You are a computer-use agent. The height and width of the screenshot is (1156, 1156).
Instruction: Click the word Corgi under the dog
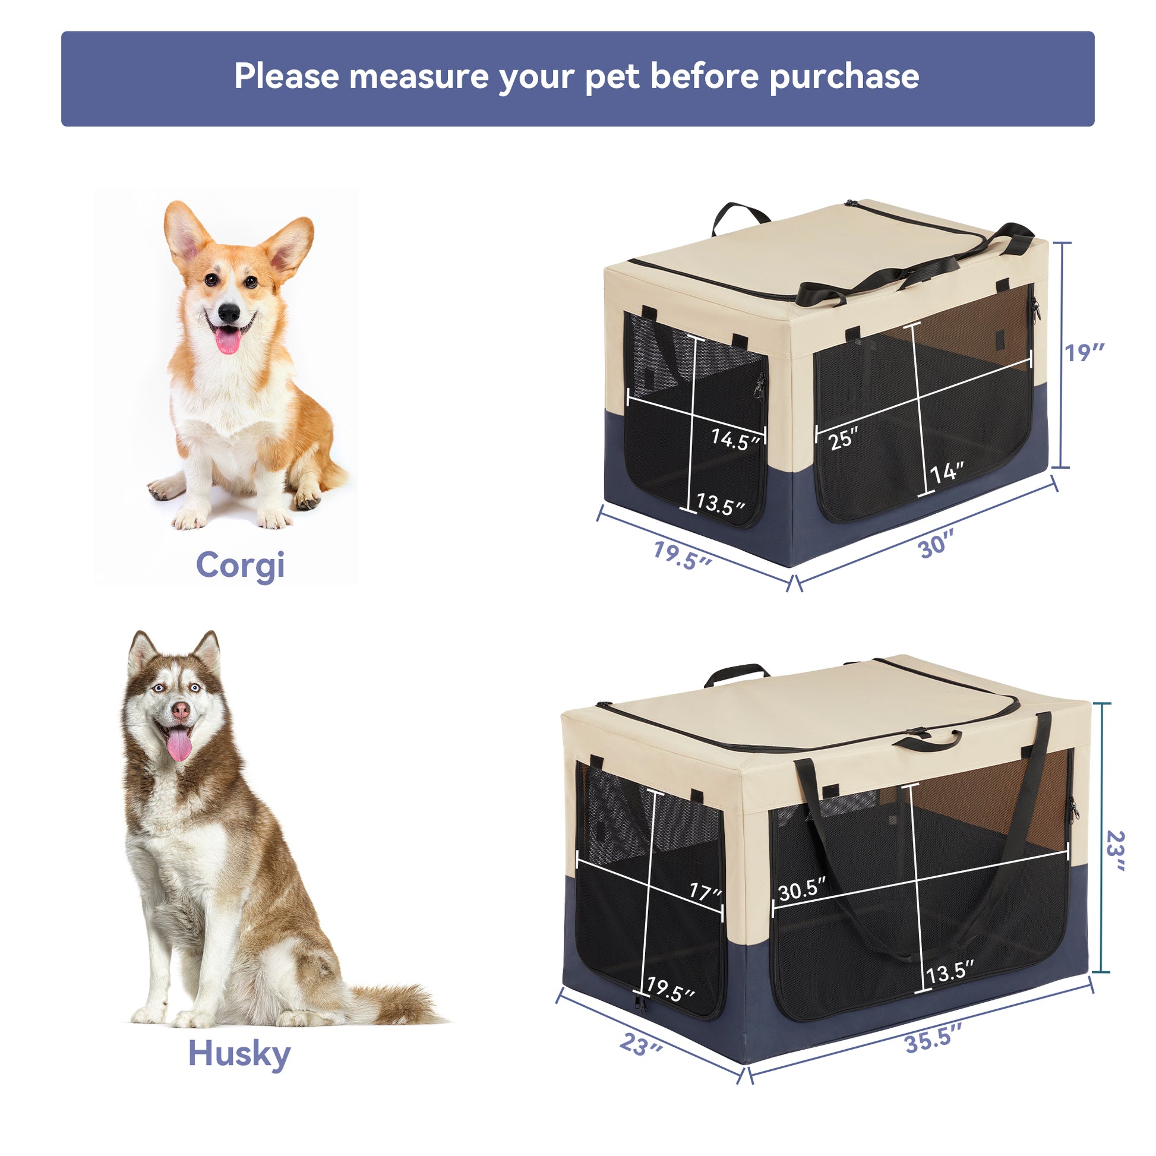[x=240, y=566]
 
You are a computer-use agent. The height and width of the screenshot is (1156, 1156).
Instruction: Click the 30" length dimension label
[x=935, y=545]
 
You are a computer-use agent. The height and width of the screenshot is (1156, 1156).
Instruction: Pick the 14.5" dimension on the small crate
[x=735, y=440]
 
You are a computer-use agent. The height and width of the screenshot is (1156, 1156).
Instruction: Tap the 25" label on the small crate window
[x=844, y=439]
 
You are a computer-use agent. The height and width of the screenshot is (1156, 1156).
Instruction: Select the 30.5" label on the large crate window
[x=802, y=892]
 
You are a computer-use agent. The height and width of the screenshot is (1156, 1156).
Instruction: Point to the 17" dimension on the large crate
[x=706, y=892]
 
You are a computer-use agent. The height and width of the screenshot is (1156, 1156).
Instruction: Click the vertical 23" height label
[x=1114, y=851]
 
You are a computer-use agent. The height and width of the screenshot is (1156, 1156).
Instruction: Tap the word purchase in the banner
[x=844, y=77]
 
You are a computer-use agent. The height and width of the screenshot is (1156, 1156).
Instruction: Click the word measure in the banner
[x=418, y=77]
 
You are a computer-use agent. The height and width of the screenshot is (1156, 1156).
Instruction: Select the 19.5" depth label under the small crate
[x=682, y=555]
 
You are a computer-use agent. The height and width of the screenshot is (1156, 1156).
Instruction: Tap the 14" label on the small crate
[x=947, y=473]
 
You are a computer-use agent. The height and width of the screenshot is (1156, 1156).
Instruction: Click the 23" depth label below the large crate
[x=641, y=1045]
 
